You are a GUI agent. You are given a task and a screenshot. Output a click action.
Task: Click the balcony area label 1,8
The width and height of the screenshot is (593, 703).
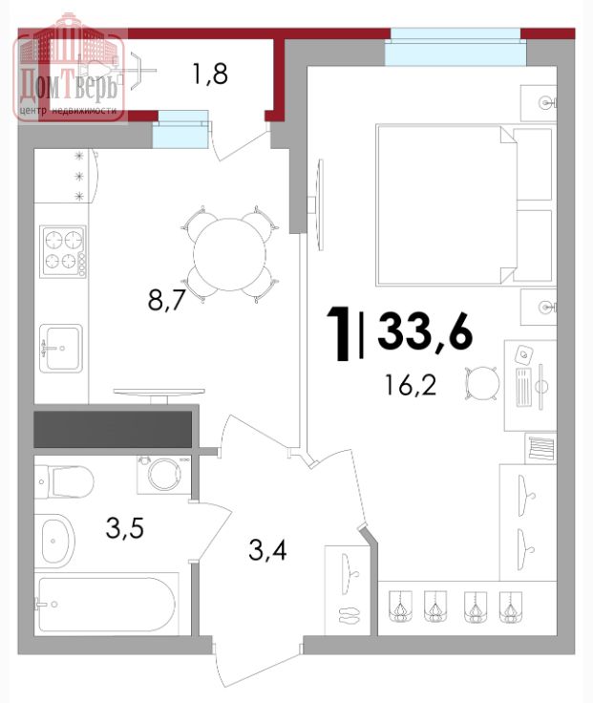coord(210,74)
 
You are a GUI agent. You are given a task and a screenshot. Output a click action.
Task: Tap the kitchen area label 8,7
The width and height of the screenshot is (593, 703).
coord(166,300)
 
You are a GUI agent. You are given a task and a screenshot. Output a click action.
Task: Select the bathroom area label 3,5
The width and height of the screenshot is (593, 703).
coord(124,527)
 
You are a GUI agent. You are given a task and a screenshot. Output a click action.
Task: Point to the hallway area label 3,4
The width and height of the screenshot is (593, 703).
coord(267,549)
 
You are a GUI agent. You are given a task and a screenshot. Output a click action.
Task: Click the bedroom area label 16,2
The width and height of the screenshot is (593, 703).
coord(411,385)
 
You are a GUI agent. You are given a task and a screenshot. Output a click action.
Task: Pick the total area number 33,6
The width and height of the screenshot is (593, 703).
coord(425,331)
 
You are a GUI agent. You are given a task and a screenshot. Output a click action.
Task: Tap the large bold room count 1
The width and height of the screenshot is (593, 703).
coord(339,333)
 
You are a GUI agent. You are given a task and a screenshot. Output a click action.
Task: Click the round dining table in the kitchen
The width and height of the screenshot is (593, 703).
coord(229,255)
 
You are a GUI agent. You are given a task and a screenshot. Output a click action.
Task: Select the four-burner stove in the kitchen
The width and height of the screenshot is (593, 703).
coord(63,251)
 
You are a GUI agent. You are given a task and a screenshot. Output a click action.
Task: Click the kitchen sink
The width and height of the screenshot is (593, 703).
coord(61,349)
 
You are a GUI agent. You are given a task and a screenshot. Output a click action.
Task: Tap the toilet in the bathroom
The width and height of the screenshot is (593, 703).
coord(64,482)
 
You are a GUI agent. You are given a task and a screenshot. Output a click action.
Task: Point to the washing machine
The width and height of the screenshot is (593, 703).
coord(164,475)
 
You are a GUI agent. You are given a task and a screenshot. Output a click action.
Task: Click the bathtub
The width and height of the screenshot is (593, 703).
coord(107,604)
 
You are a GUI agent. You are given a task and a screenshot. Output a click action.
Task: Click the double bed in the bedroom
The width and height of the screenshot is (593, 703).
coord(464,205)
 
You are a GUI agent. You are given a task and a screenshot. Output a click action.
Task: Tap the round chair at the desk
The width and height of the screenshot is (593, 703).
coord(482,383)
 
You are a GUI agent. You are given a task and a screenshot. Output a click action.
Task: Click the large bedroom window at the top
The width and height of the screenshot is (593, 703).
coord(455,47)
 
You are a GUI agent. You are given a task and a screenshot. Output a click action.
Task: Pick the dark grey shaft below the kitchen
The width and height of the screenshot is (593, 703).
coord(113,430)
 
